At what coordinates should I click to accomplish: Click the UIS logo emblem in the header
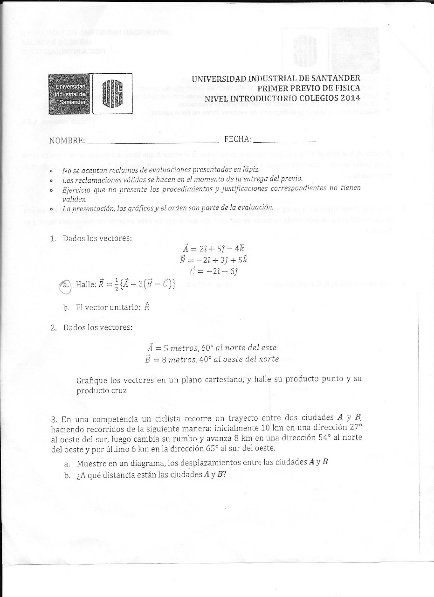pos(112,94)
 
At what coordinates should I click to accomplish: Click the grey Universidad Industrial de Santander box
pos(69,94)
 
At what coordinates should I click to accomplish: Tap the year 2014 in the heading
pos(350,98)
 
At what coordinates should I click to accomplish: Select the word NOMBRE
pos(67,140)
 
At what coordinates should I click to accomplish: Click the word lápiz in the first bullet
pos(250,170)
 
